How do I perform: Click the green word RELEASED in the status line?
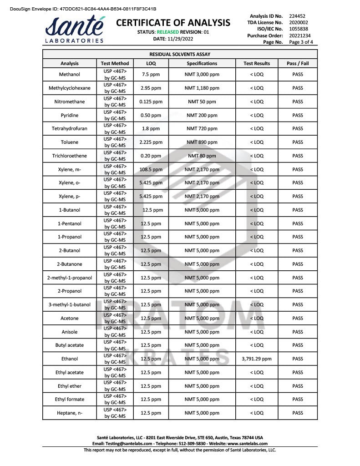coord(167,32)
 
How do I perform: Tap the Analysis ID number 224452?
coord(297,16)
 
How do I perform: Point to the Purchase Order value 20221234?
coord(299,35)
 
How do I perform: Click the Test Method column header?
coord(115,63)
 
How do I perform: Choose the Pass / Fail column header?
coord(298,63)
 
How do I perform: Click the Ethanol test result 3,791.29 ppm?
coord(257,359)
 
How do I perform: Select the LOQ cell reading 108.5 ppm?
coord(151,169)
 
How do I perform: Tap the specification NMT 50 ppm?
coord(202,101)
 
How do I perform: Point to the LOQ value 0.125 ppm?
coord(151,101)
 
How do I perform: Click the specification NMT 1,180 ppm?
coord(202,88)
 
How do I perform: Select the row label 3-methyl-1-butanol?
coord(70,304)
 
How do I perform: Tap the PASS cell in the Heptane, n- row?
coord(298,413)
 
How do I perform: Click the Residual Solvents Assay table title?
coord(180,54)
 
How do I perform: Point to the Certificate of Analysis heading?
coord(173,23)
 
